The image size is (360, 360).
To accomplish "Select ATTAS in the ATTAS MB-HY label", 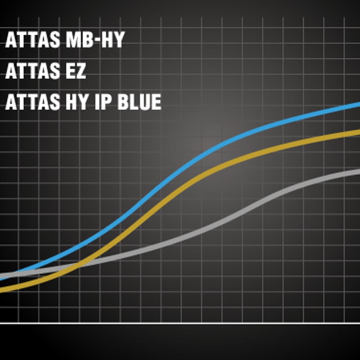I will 32,40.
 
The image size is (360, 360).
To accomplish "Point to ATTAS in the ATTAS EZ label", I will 32,71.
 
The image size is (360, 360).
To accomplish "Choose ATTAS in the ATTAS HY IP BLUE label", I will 32,102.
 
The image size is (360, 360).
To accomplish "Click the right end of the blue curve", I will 359,104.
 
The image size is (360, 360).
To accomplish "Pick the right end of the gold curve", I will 359,131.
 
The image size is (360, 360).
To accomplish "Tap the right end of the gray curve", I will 359,171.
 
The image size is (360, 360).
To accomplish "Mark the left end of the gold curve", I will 1,291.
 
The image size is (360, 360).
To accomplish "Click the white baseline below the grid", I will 180,323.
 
